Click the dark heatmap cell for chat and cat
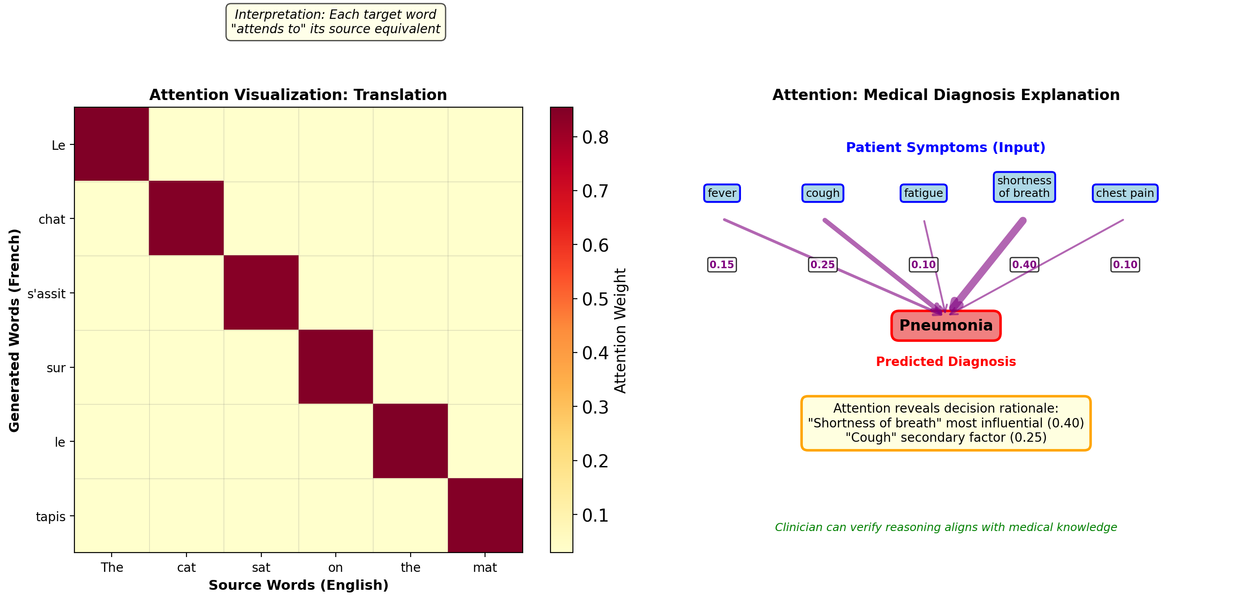tap(186, 218)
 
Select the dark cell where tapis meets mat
tap(485, 516)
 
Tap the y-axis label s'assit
tap(46, 293)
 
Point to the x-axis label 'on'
tap(335, 567)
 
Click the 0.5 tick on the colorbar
tap(594, 299)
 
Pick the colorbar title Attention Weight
tap(620, 331)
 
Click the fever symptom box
tap(722, 193)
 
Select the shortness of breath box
tap(1024, 187)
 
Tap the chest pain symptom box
tap(1125, 193)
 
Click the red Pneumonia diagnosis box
tap(945, 326)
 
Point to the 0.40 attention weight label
tap(1024, 265)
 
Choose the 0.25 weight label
tap(822, 265)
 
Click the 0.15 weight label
tap(722, 265)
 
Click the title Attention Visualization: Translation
tap(298, 95)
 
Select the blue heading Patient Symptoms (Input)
tap(945, 147)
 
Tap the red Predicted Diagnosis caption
tap(945, 361)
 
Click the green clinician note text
tap(945, 527)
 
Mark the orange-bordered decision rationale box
tap(945, 423)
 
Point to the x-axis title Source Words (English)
tap(298, 585)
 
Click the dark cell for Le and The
tap(112, 144)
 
